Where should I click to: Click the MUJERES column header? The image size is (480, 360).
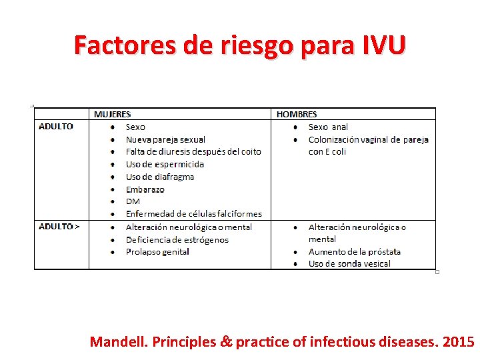pyautogui.click(x=112, y=115)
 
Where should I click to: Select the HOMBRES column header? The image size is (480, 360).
pyautogui.click(x=297, y=115)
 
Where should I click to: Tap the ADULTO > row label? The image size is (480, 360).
pyautogui.click(x=59, y=227)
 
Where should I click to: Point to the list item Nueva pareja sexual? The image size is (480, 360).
pyautogui.click(x=165, y=139)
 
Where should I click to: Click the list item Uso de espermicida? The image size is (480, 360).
pyautogui.click(x=165, y=164)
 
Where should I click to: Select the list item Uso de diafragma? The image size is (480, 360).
pyautogui.click(x=160, y=177)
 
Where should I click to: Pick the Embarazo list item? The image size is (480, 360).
pyautogui.click(x=145, y=189)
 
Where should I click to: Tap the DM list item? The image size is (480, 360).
pyautogui.click(x=133, y=201)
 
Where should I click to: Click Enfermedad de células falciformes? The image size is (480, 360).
pyautogui.click(x=194, y=214)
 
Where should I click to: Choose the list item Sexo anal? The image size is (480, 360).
pyautogui.click(x=328, y=127)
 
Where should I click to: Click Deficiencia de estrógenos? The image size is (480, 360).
pyautogui.click(x=177, y=239)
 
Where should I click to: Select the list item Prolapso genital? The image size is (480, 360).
pyautogui.click(x=157, y=251)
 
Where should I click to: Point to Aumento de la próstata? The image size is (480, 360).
pyautogui.click(x=355, y=251)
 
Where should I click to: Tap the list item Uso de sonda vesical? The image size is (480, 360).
pyautogui.click(x=349, y=264)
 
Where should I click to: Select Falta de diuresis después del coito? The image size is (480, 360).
pyautogui.click(x=193, y=152)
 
